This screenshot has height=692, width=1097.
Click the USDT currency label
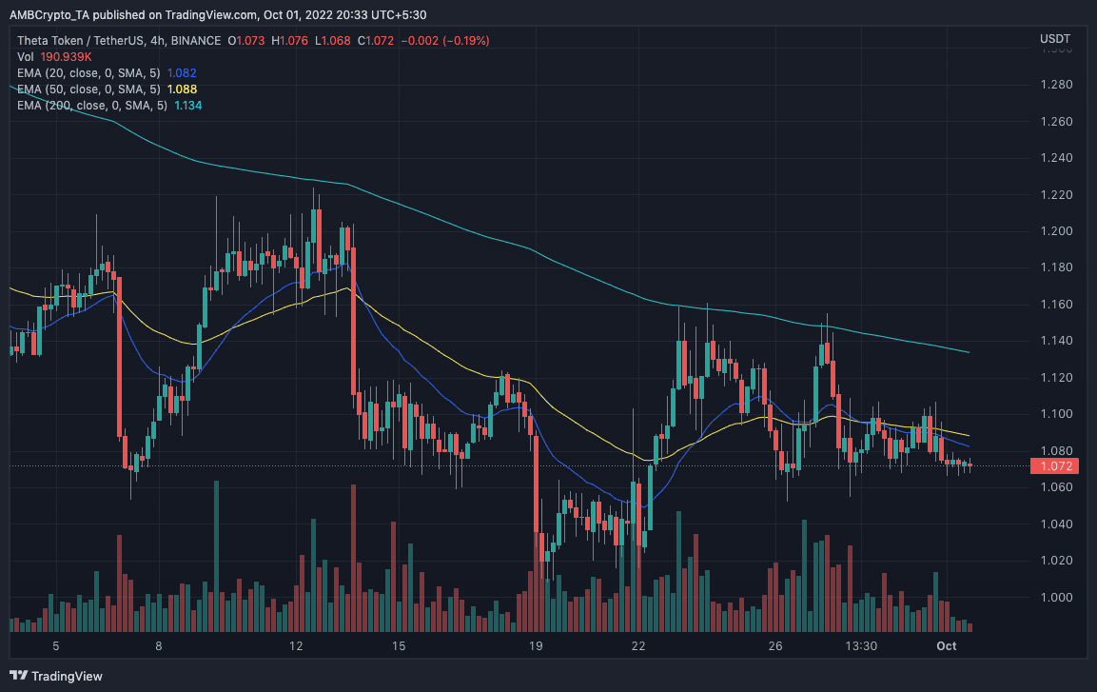pyautogui.click(x=1054, y=39)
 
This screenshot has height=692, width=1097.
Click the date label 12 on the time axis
pyautogui.click(x=296, y=646)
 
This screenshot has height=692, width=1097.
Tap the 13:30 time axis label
pyautogui.click(x=861, y=646)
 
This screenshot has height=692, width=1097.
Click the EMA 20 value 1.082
pyautogui.click(x=182, y=72)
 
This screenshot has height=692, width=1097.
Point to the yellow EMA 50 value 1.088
pyautogui.click(x=182, y=89)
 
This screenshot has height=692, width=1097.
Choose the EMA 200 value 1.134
pyautogui.click(x=186, y=105)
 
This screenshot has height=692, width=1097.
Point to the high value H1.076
pyautogui.click(x=288, y=40)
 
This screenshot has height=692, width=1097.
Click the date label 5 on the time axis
pyautogui.click(x=56, y=646)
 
